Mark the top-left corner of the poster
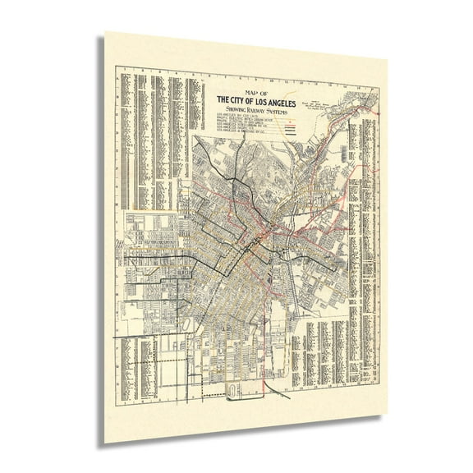coord(106,34)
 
